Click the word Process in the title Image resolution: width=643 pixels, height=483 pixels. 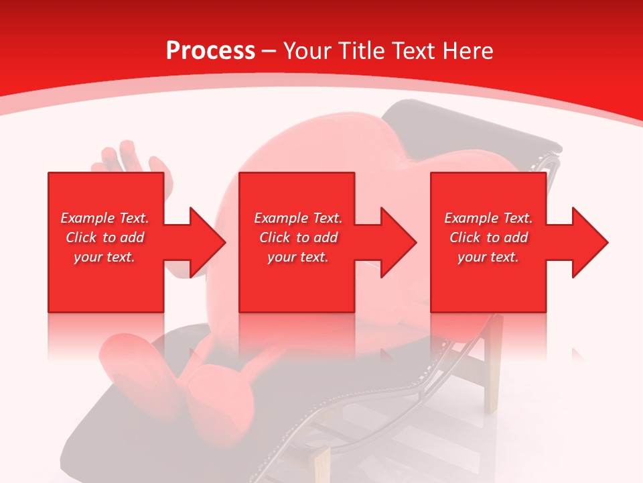(x=210, y=51)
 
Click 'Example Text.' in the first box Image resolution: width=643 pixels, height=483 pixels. (x=105, y=218)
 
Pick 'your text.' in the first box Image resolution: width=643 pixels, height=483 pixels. (x=105, y=257)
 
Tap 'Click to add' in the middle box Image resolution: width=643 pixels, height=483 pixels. (x=298, y=237)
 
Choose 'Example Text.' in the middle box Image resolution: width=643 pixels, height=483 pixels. (x=298, y=218)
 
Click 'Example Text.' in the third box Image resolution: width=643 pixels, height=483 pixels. (x=488, y=218)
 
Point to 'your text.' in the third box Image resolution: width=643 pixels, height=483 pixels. (x=488, y=257)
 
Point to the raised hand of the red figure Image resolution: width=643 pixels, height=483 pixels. (x=127, y=158)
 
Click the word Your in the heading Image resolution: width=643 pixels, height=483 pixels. (x=307, y=51)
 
